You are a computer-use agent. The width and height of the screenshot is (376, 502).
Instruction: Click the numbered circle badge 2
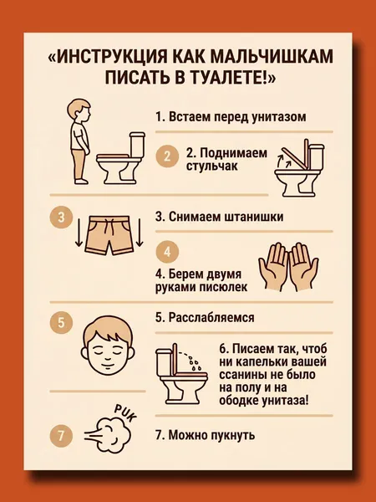167,156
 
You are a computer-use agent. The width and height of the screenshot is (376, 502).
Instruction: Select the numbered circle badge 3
61,218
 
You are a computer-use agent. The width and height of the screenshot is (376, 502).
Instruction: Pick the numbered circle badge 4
167,252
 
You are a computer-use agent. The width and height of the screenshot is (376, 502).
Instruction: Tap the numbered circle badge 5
61,322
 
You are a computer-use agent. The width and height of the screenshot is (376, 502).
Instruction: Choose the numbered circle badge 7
61,436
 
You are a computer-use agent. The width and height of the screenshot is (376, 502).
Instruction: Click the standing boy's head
79,110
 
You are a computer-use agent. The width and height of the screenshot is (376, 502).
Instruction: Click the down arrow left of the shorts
79,233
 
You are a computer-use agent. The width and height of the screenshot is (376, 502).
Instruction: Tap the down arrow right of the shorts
140,233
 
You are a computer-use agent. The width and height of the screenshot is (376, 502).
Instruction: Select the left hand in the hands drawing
274,267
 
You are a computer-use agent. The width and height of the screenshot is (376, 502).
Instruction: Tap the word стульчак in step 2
212,166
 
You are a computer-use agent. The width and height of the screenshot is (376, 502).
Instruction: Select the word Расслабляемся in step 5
211,318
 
